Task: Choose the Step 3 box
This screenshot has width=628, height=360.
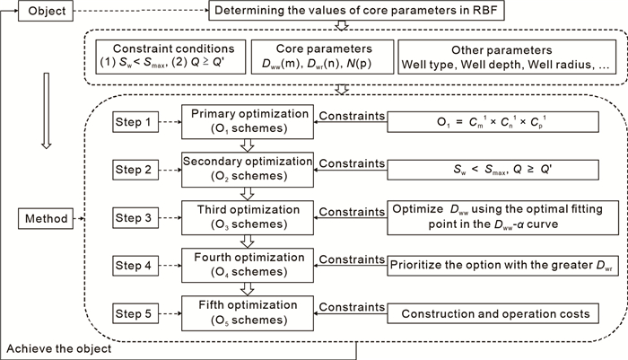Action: click(133, 216)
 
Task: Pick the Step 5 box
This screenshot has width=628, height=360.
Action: click(133, 313)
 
